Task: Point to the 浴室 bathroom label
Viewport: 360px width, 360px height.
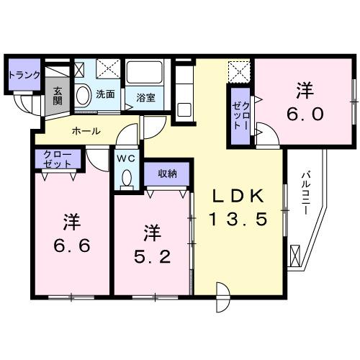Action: point(145,97)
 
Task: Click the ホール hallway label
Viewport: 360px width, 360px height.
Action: point(86,131)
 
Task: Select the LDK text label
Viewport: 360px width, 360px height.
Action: point(240,196)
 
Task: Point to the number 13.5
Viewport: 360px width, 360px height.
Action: point(241,218)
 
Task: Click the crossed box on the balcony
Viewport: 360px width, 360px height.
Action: point(295,256)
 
